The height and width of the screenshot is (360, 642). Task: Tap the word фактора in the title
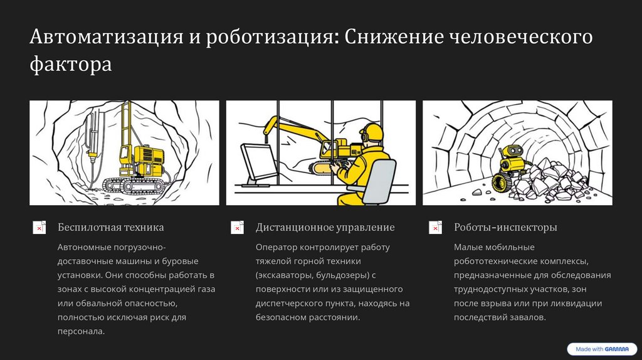pos(71,65)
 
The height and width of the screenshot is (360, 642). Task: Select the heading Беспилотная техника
pos(110,227)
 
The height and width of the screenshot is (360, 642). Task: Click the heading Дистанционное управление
pos(325,227)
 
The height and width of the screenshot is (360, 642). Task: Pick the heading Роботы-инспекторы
pos(505,227)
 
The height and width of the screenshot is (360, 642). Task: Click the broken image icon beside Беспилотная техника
pos(39,228)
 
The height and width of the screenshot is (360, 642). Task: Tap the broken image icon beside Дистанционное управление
pos(237,228)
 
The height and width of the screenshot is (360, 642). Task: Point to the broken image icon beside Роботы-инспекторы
pos(435,228)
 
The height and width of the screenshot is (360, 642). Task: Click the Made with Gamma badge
pos(601,349)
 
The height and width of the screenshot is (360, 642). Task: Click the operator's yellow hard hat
pos(373,131)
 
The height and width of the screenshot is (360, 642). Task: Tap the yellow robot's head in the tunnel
pos(513,152)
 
